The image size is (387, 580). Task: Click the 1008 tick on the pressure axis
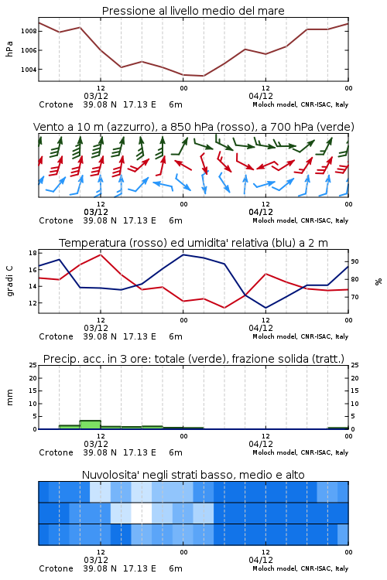(29, 31)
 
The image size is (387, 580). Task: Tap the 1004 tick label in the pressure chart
(29, 70)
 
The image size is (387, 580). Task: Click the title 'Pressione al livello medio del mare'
(193, 11)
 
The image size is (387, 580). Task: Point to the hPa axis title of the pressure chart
(9, 49)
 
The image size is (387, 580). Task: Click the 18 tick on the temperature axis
(33, 253)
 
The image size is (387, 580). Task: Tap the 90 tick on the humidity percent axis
(354, 261)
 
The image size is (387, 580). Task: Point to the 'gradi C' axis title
(9, 281)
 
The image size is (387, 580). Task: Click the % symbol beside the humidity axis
(378, 281)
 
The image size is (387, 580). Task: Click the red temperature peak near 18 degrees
(101, 254)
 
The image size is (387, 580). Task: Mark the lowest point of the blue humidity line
(265, 308)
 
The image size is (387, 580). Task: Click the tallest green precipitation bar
(91, 425)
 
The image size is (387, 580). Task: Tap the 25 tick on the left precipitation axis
(33, 365)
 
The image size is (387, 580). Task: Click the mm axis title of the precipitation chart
(9, 397)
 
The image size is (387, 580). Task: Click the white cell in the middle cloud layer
(142, 513)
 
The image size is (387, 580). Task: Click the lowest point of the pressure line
(203, 76)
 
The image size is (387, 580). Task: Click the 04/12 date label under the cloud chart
(261, 560)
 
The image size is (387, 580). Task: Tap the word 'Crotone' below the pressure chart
(56, 104)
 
